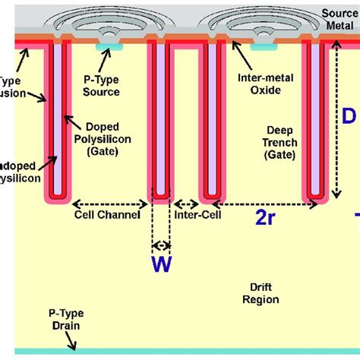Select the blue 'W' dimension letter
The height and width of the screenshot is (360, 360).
[161, 264]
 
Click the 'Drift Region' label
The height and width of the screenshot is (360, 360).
[259, 293]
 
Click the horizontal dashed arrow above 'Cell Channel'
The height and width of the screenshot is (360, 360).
[109, 204]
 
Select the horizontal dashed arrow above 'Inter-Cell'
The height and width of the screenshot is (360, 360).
[186, 204]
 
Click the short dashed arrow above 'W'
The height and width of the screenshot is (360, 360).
[161, 246]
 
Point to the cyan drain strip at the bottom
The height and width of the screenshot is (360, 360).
[180, 352]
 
